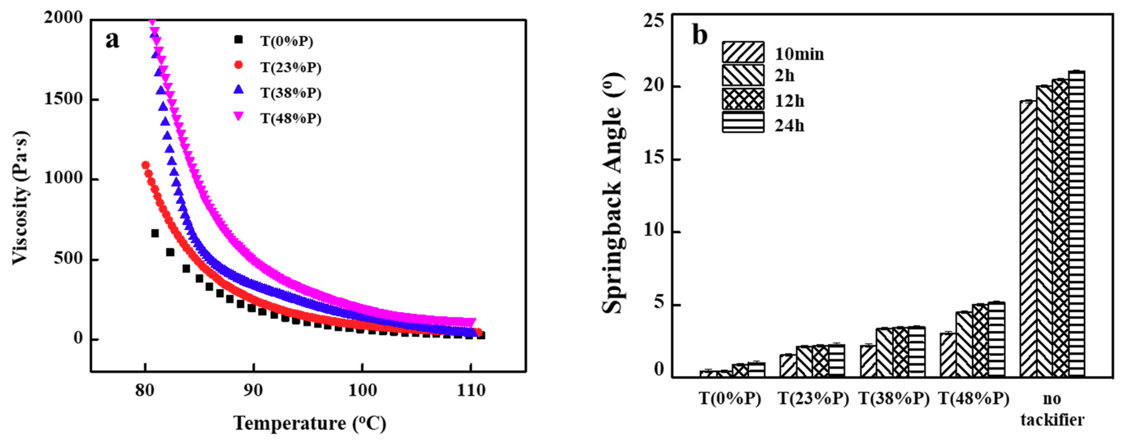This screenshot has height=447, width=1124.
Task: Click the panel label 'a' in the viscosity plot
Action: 112,40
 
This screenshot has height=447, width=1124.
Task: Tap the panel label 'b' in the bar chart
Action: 700,36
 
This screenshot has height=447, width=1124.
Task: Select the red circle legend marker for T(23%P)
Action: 239,65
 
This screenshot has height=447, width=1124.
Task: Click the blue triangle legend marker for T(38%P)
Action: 239,90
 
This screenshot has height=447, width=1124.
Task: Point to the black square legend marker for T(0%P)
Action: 239,40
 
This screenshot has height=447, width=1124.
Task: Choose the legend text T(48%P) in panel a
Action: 291,118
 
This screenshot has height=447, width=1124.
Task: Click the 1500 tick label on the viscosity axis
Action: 64,99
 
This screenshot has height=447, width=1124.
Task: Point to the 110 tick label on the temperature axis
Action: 471,390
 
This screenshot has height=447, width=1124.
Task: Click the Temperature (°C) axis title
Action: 310,423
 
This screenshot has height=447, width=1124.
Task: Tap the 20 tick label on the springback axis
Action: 655,86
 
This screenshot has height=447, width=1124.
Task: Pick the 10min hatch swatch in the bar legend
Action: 742,52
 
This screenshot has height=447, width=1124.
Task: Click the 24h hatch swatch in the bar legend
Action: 742,122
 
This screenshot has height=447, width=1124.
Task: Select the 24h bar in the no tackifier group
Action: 1077,222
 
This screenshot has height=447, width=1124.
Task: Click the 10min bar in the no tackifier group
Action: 1028,238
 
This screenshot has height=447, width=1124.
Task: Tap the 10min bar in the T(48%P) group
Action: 948,354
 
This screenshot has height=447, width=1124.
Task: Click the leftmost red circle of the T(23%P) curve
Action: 146,165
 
